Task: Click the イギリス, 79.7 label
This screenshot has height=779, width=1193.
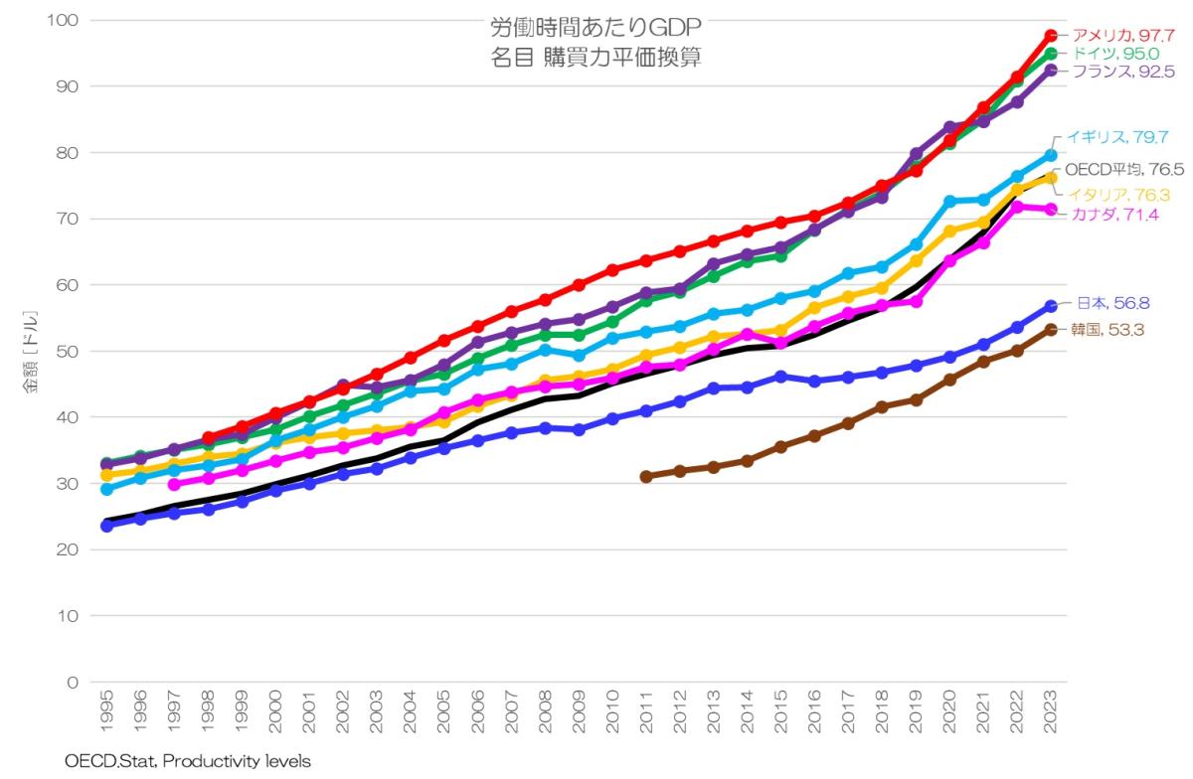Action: click(x=1116, y=137)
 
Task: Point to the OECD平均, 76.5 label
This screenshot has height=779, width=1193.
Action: click(x=1123, y=169)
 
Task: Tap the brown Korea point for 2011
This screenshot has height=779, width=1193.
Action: click(x=646, y=476)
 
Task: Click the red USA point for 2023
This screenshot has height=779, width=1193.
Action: click(x=1051, y=36)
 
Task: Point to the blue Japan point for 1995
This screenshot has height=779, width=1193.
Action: click(x=106, y=525)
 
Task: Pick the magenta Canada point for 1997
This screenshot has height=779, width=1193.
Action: click(x=174, y=484)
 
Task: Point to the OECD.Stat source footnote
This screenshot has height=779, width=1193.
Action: click(x=188, y=761)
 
